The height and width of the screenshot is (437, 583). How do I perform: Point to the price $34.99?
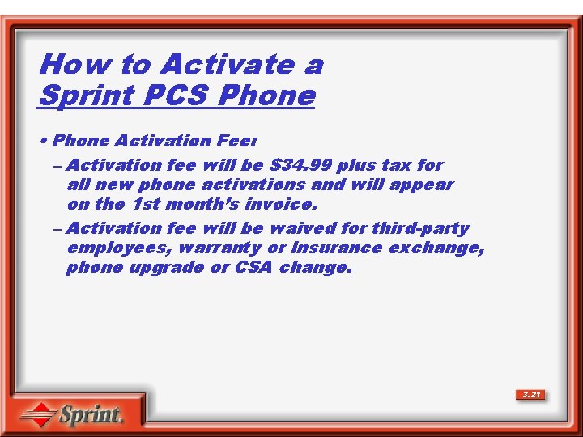point(300,165)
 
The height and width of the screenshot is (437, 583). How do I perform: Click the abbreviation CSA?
point(253,267)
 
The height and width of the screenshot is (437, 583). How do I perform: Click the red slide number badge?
point(531,395)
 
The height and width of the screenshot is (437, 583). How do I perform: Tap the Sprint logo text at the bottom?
point(90,416)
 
